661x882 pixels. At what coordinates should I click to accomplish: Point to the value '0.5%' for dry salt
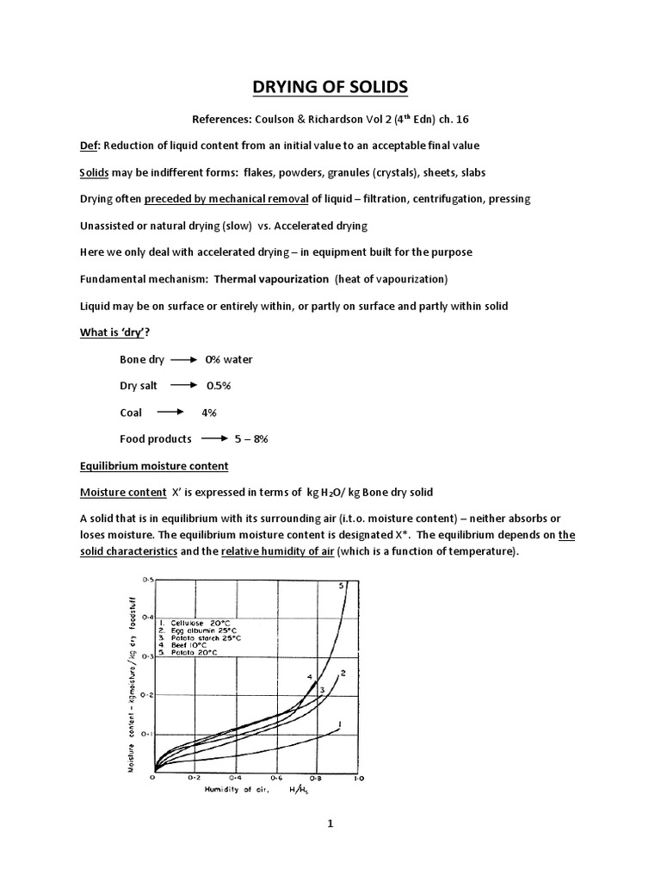[x=221, y=386]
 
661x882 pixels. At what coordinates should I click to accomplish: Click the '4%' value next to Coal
[x=209, y=413]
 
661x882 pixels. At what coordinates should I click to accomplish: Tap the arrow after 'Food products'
[x=215, y=439]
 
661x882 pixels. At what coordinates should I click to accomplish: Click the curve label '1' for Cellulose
[x=342, y=724]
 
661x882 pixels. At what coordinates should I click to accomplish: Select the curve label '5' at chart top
[x=341, y=586]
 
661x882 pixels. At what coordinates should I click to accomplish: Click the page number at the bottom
[x=330, y=823]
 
